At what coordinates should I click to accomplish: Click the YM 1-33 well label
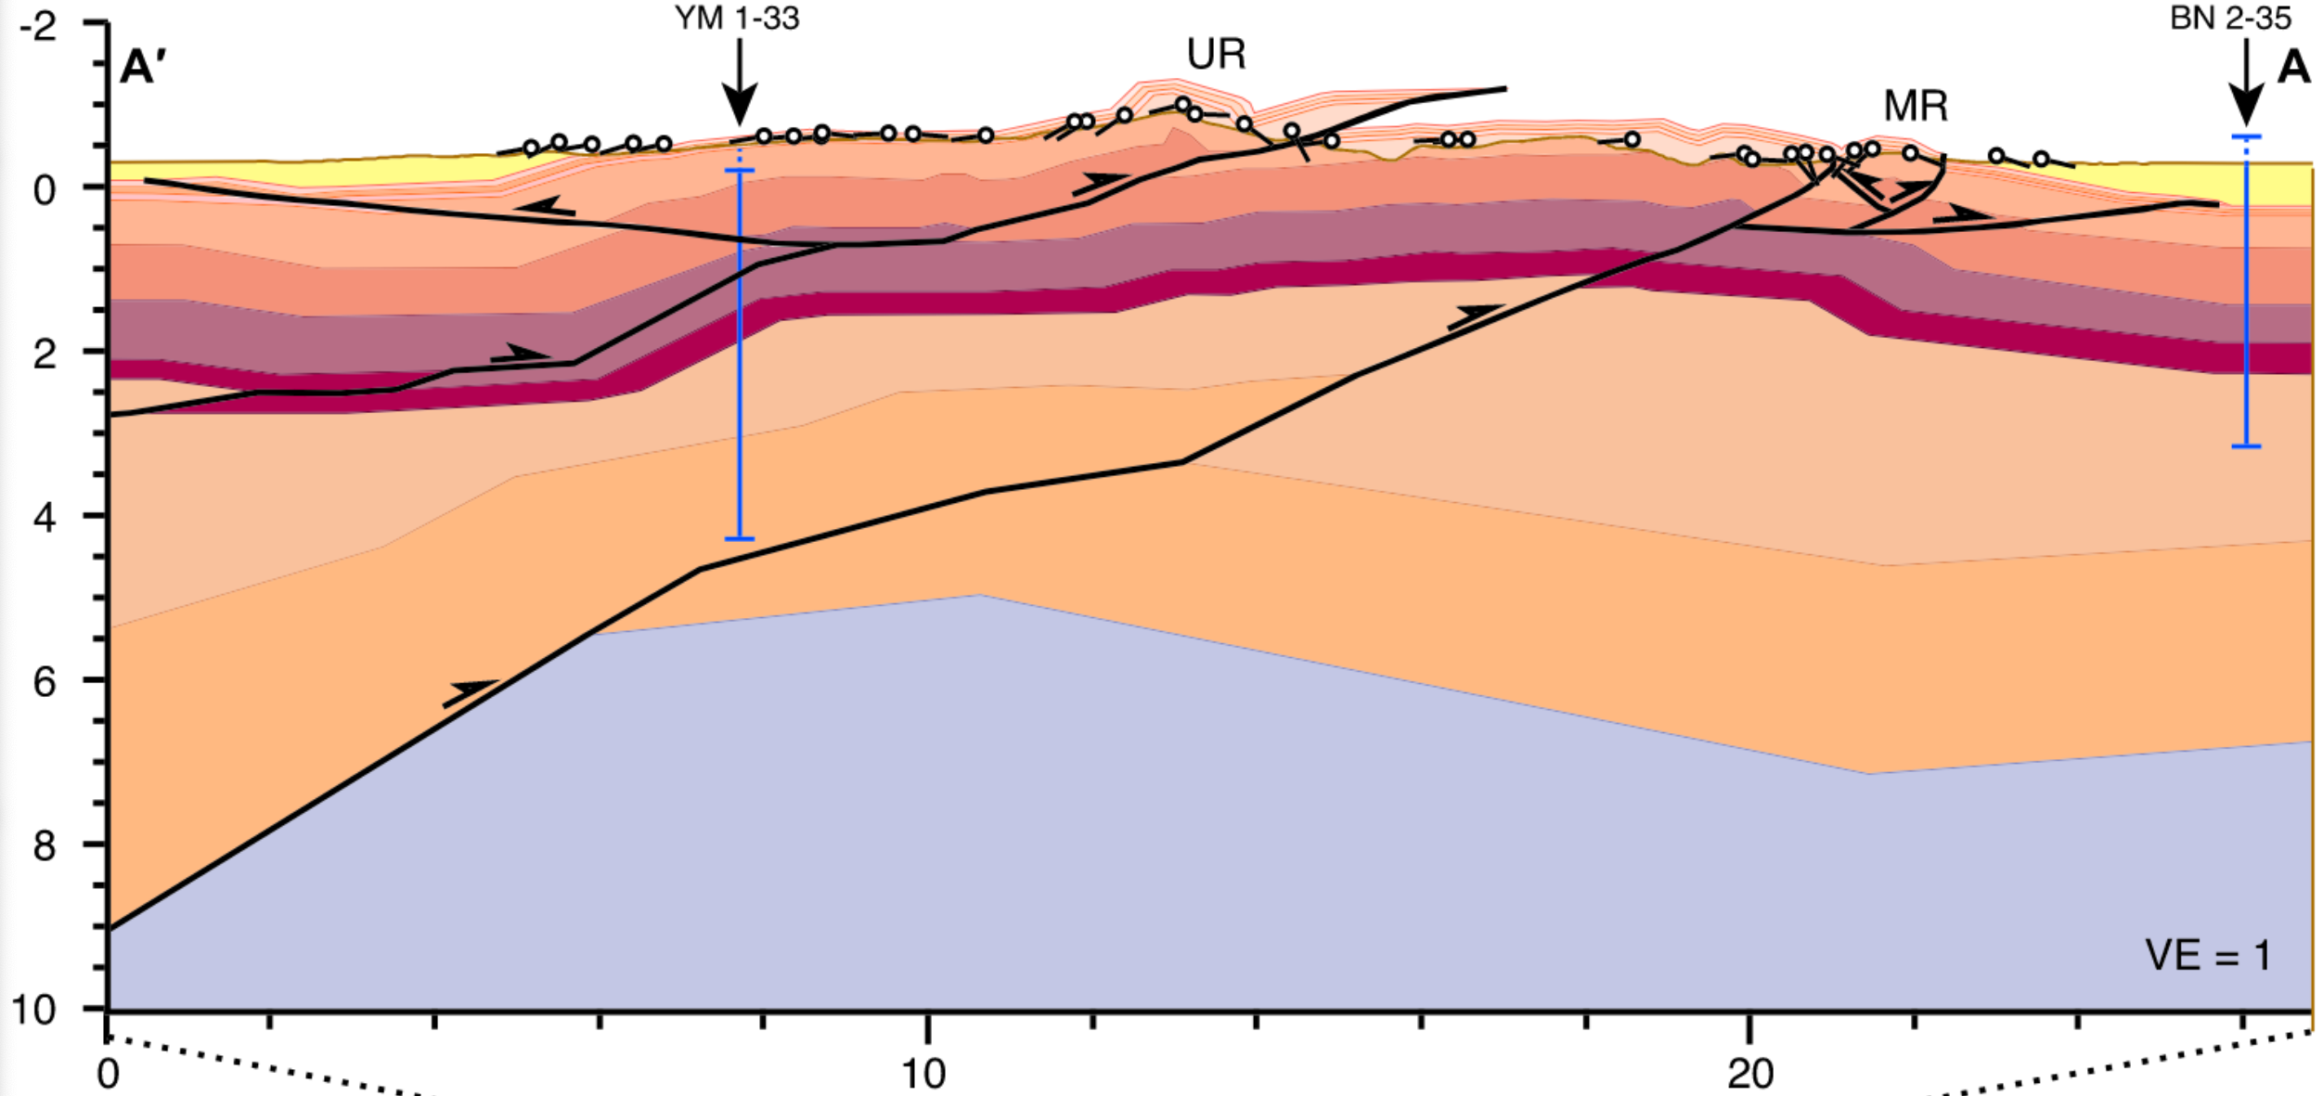pos(737,19)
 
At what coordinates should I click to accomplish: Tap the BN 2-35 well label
pos(2230,19)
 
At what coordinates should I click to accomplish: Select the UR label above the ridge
pos(1216,55)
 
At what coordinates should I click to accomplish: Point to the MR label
pos(1916,107)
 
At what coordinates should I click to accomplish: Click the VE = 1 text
pos(2208,956)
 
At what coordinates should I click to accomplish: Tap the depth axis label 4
pos(45,517)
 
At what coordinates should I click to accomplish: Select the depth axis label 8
pos(45,845)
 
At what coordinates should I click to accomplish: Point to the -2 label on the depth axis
pos(38,26)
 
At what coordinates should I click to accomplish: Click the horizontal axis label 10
pos(924,1074)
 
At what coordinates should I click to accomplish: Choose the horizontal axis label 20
pos(1750,1074)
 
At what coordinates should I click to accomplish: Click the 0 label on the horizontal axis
pos(109,1074)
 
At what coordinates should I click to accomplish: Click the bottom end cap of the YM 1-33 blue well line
pos(740,538)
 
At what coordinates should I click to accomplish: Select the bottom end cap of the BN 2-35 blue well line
pos(2246,446)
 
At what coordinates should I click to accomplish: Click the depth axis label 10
pos(34,1010)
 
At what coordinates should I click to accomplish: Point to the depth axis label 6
pos(45,682)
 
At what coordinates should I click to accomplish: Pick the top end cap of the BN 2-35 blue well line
pos(2246,137)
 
